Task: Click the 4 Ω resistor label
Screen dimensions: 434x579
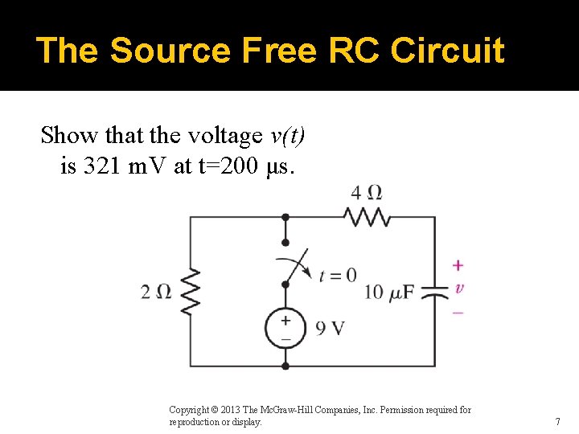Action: coord(366,193)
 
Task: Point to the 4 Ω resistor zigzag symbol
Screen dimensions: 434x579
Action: coord(367,216)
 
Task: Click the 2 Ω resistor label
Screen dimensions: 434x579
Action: coord(156,291)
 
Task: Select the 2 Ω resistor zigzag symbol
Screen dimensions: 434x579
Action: coord(190,291)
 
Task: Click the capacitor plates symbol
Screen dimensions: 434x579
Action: coord(435,291)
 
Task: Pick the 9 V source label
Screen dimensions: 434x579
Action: coord(331,328)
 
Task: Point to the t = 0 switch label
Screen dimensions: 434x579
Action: coord(338,275)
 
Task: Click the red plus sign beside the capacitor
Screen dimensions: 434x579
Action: coord(458,265)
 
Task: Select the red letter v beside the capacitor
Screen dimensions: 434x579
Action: coord(458,288)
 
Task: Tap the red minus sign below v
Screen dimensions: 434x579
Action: coord(458,311)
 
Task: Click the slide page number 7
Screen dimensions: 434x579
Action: coord(557,421)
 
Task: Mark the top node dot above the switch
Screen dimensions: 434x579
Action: coord(285,217)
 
